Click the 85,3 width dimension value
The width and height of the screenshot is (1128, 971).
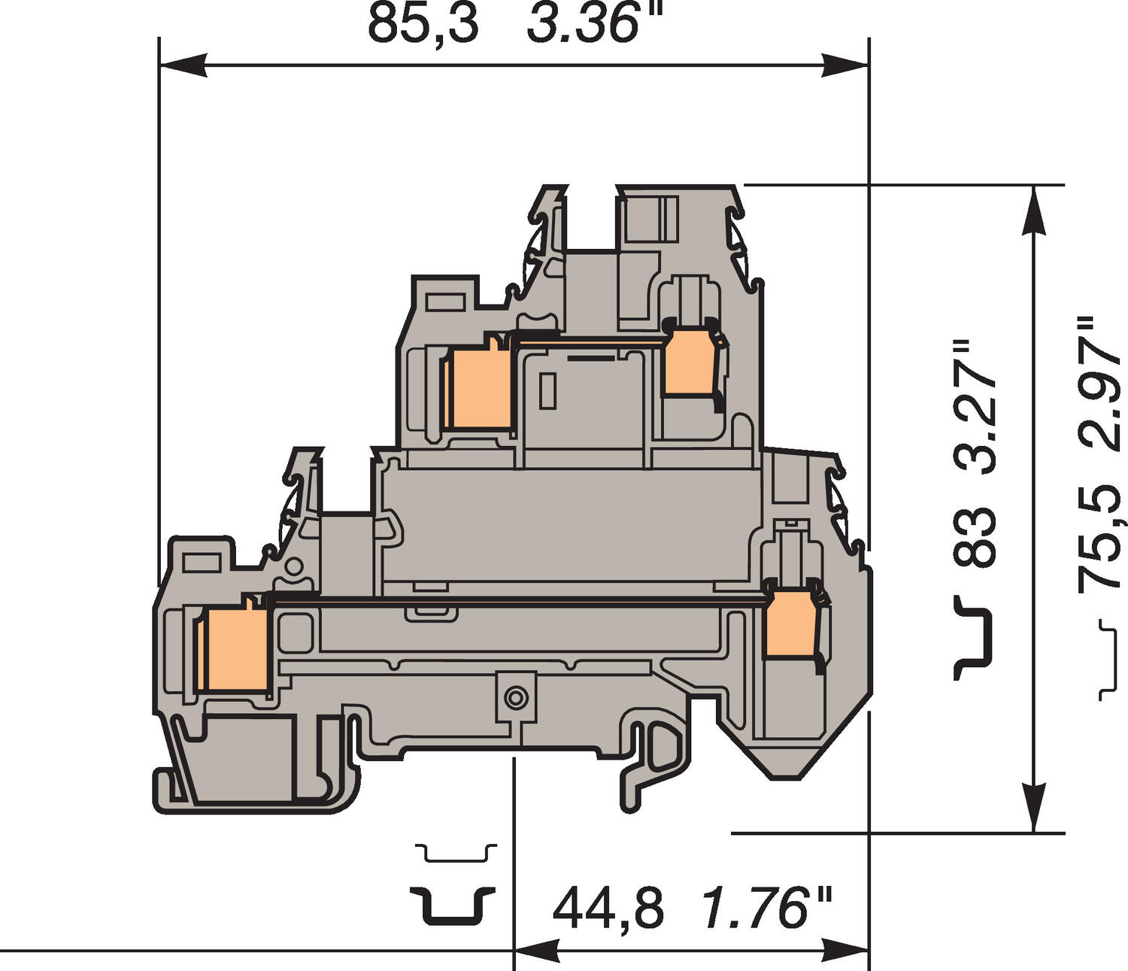[423, 24]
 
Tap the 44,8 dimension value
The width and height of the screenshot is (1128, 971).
[608, 909]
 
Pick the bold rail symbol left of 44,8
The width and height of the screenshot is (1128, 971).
[453, 905]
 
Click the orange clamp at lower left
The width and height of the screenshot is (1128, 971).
[236, 649]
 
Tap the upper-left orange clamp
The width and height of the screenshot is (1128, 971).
[479, 390]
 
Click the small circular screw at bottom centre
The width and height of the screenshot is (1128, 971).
[515, 698]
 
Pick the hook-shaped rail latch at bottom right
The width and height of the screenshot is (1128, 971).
[650, 763]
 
